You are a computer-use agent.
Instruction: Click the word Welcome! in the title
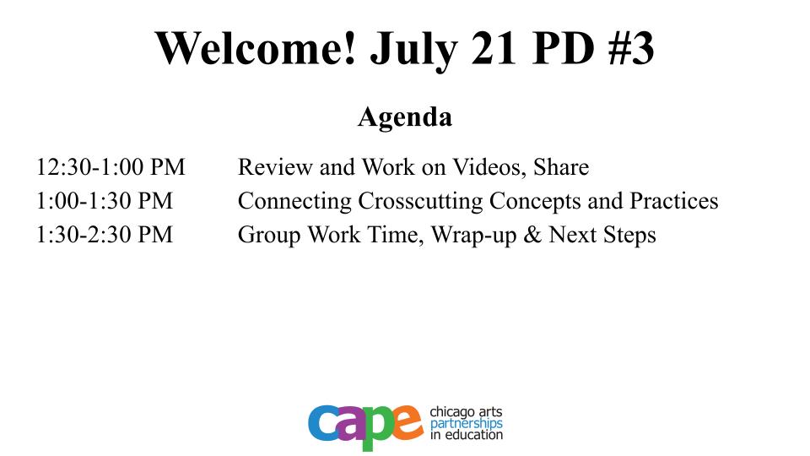coord(256,47)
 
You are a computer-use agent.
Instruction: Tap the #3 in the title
coord(631,47)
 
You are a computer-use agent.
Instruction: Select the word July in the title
coord(414,51)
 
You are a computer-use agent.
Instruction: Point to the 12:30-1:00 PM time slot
coord(111,167)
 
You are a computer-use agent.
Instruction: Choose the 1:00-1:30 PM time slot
coord(105,201)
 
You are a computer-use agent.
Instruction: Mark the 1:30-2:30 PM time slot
coord(105,234)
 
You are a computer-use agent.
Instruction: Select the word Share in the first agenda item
coord(561,167)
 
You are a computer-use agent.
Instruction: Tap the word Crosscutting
coord(420,202)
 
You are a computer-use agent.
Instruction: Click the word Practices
coord(673,201)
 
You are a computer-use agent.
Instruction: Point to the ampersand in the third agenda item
coord(532,234)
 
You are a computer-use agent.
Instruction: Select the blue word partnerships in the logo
coord(466,424)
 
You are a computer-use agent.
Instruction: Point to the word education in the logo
coord(473,435)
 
